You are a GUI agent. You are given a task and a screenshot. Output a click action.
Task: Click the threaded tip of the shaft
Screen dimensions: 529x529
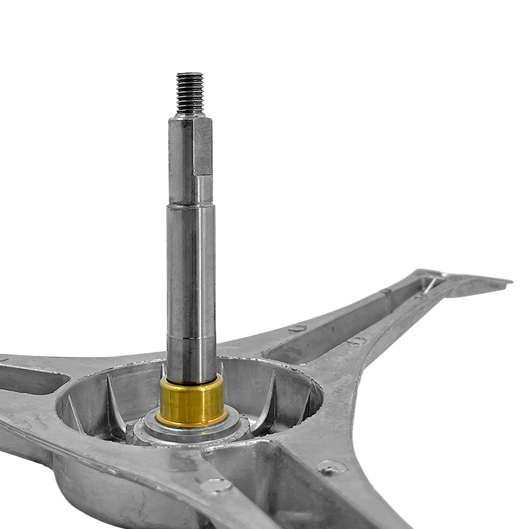click(190, 91)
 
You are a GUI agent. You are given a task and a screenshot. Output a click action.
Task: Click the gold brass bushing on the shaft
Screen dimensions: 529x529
click(192, 402)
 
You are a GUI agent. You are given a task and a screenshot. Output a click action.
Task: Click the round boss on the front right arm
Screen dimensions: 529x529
click(331, 468)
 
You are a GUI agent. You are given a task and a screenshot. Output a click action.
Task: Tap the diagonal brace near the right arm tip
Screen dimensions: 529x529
click(430, 284)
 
